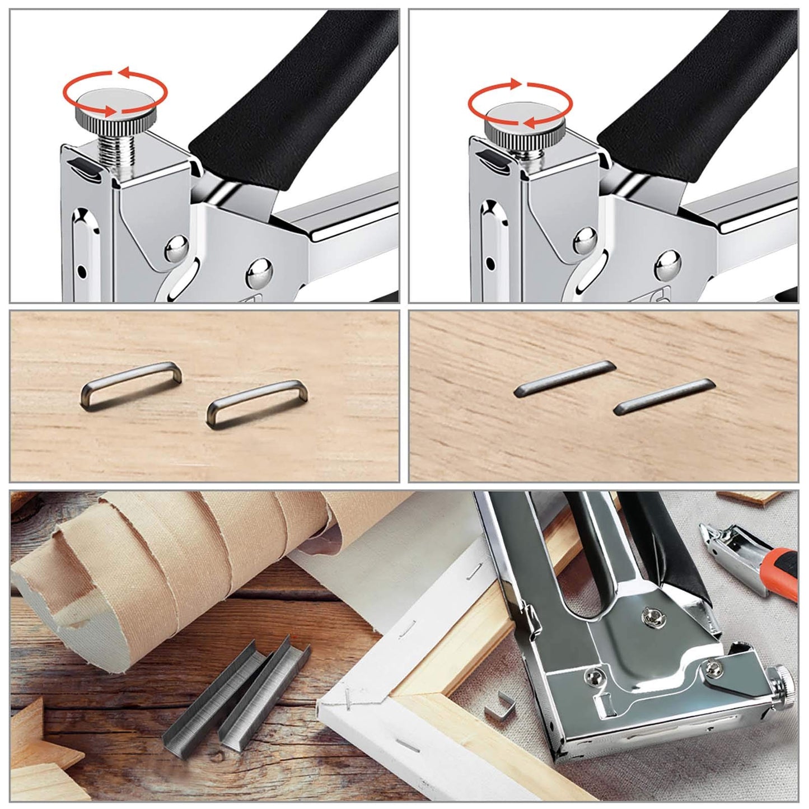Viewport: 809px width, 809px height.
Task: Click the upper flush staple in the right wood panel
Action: pos(565,378)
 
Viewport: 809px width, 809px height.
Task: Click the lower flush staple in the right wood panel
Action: pos(665,397)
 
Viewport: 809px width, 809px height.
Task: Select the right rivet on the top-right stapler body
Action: pos(667,264)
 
